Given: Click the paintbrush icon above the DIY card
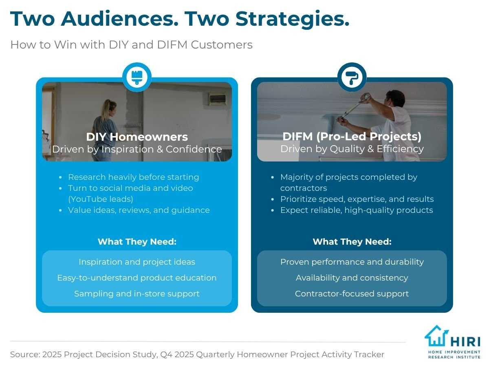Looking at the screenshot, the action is pyautogui.click(x=137, y=77).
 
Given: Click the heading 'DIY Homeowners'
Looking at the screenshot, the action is pyautogui.click(x=137, y=137).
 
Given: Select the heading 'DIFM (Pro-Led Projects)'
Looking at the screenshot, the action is pyautogui.click(x=352, y=136).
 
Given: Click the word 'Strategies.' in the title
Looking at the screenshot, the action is pyautogui.click(x=292, y=20).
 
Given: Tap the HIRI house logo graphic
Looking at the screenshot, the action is pyautogui.click(x=436, y=336).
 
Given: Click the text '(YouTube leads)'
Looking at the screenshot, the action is pyautogui.click(x=101, y=199).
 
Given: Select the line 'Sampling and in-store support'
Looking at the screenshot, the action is pyautogui.click(x=137, y=294).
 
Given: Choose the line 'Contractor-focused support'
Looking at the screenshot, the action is pyautogui.click(x=352, y=294).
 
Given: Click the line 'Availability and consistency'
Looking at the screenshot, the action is pyautogui.click(x=352, y=278).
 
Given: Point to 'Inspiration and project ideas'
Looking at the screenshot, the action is pyautogui.click(x=137, y=262).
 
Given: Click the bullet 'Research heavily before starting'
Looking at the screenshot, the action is pyautogui.click(x=133, y=177).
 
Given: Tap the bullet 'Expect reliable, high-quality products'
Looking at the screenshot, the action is pyautogui.click(x=357, y=210).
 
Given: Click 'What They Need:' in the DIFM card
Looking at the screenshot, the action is pyautogui.click(x=352, y=242).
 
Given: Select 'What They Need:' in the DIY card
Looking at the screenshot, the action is pyautogui.click(x=137, y=242).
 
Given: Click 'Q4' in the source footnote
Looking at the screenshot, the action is pyautogui.click(x=166, y=354).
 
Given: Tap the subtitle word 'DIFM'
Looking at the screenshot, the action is pyautogui.click(x=172, y=44).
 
